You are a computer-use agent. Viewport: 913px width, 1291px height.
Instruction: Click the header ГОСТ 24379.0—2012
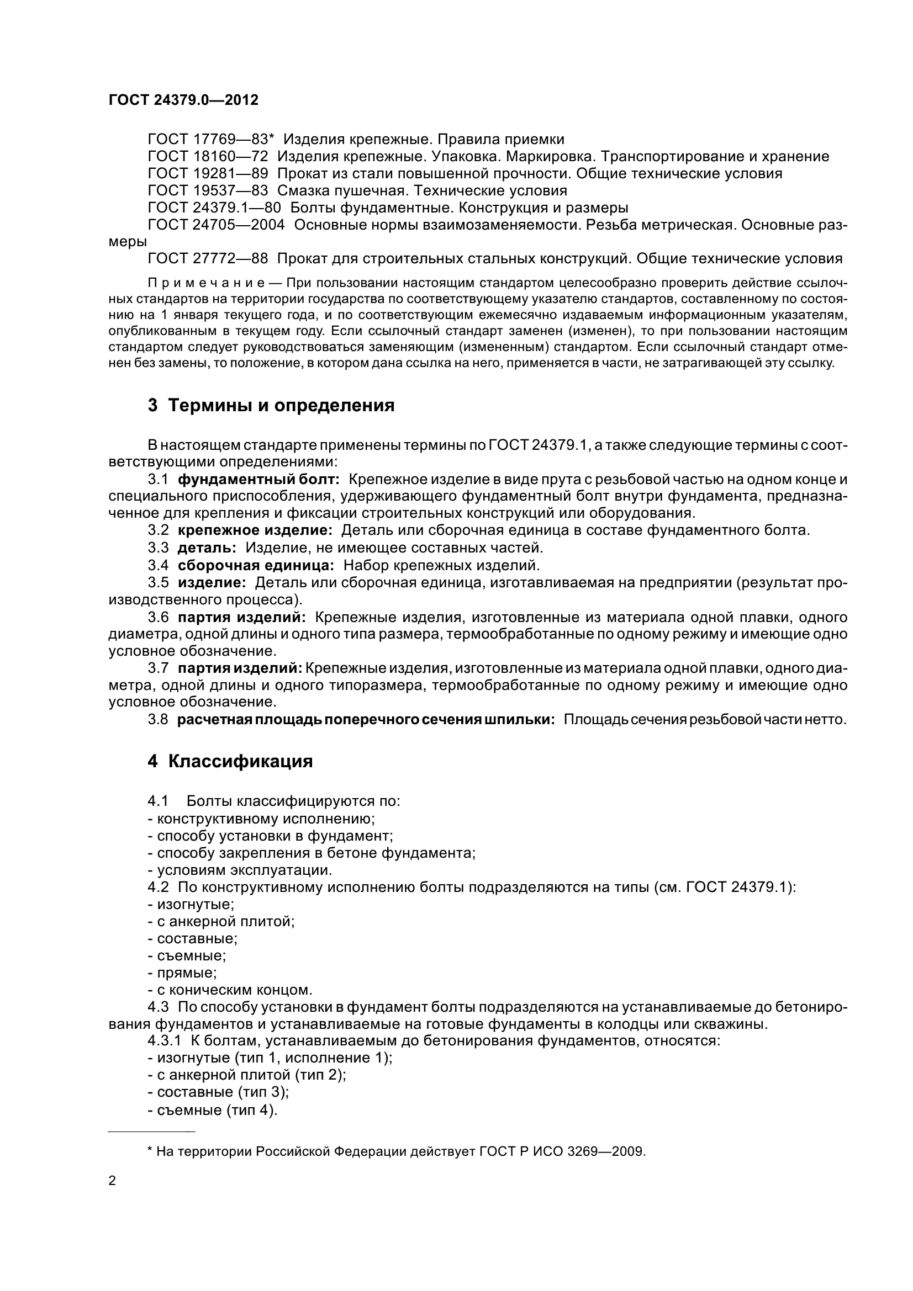pos(183,100)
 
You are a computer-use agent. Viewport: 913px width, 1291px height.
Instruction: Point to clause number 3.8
pos(158,720)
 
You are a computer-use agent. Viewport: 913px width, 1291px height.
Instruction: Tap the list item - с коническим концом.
pos(230,990)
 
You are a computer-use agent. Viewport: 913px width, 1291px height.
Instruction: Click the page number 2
pos(113,1181)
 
